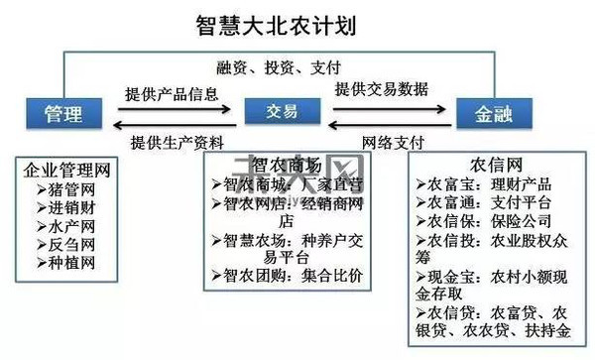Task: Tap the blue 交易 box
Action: (x=277, y=113)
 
